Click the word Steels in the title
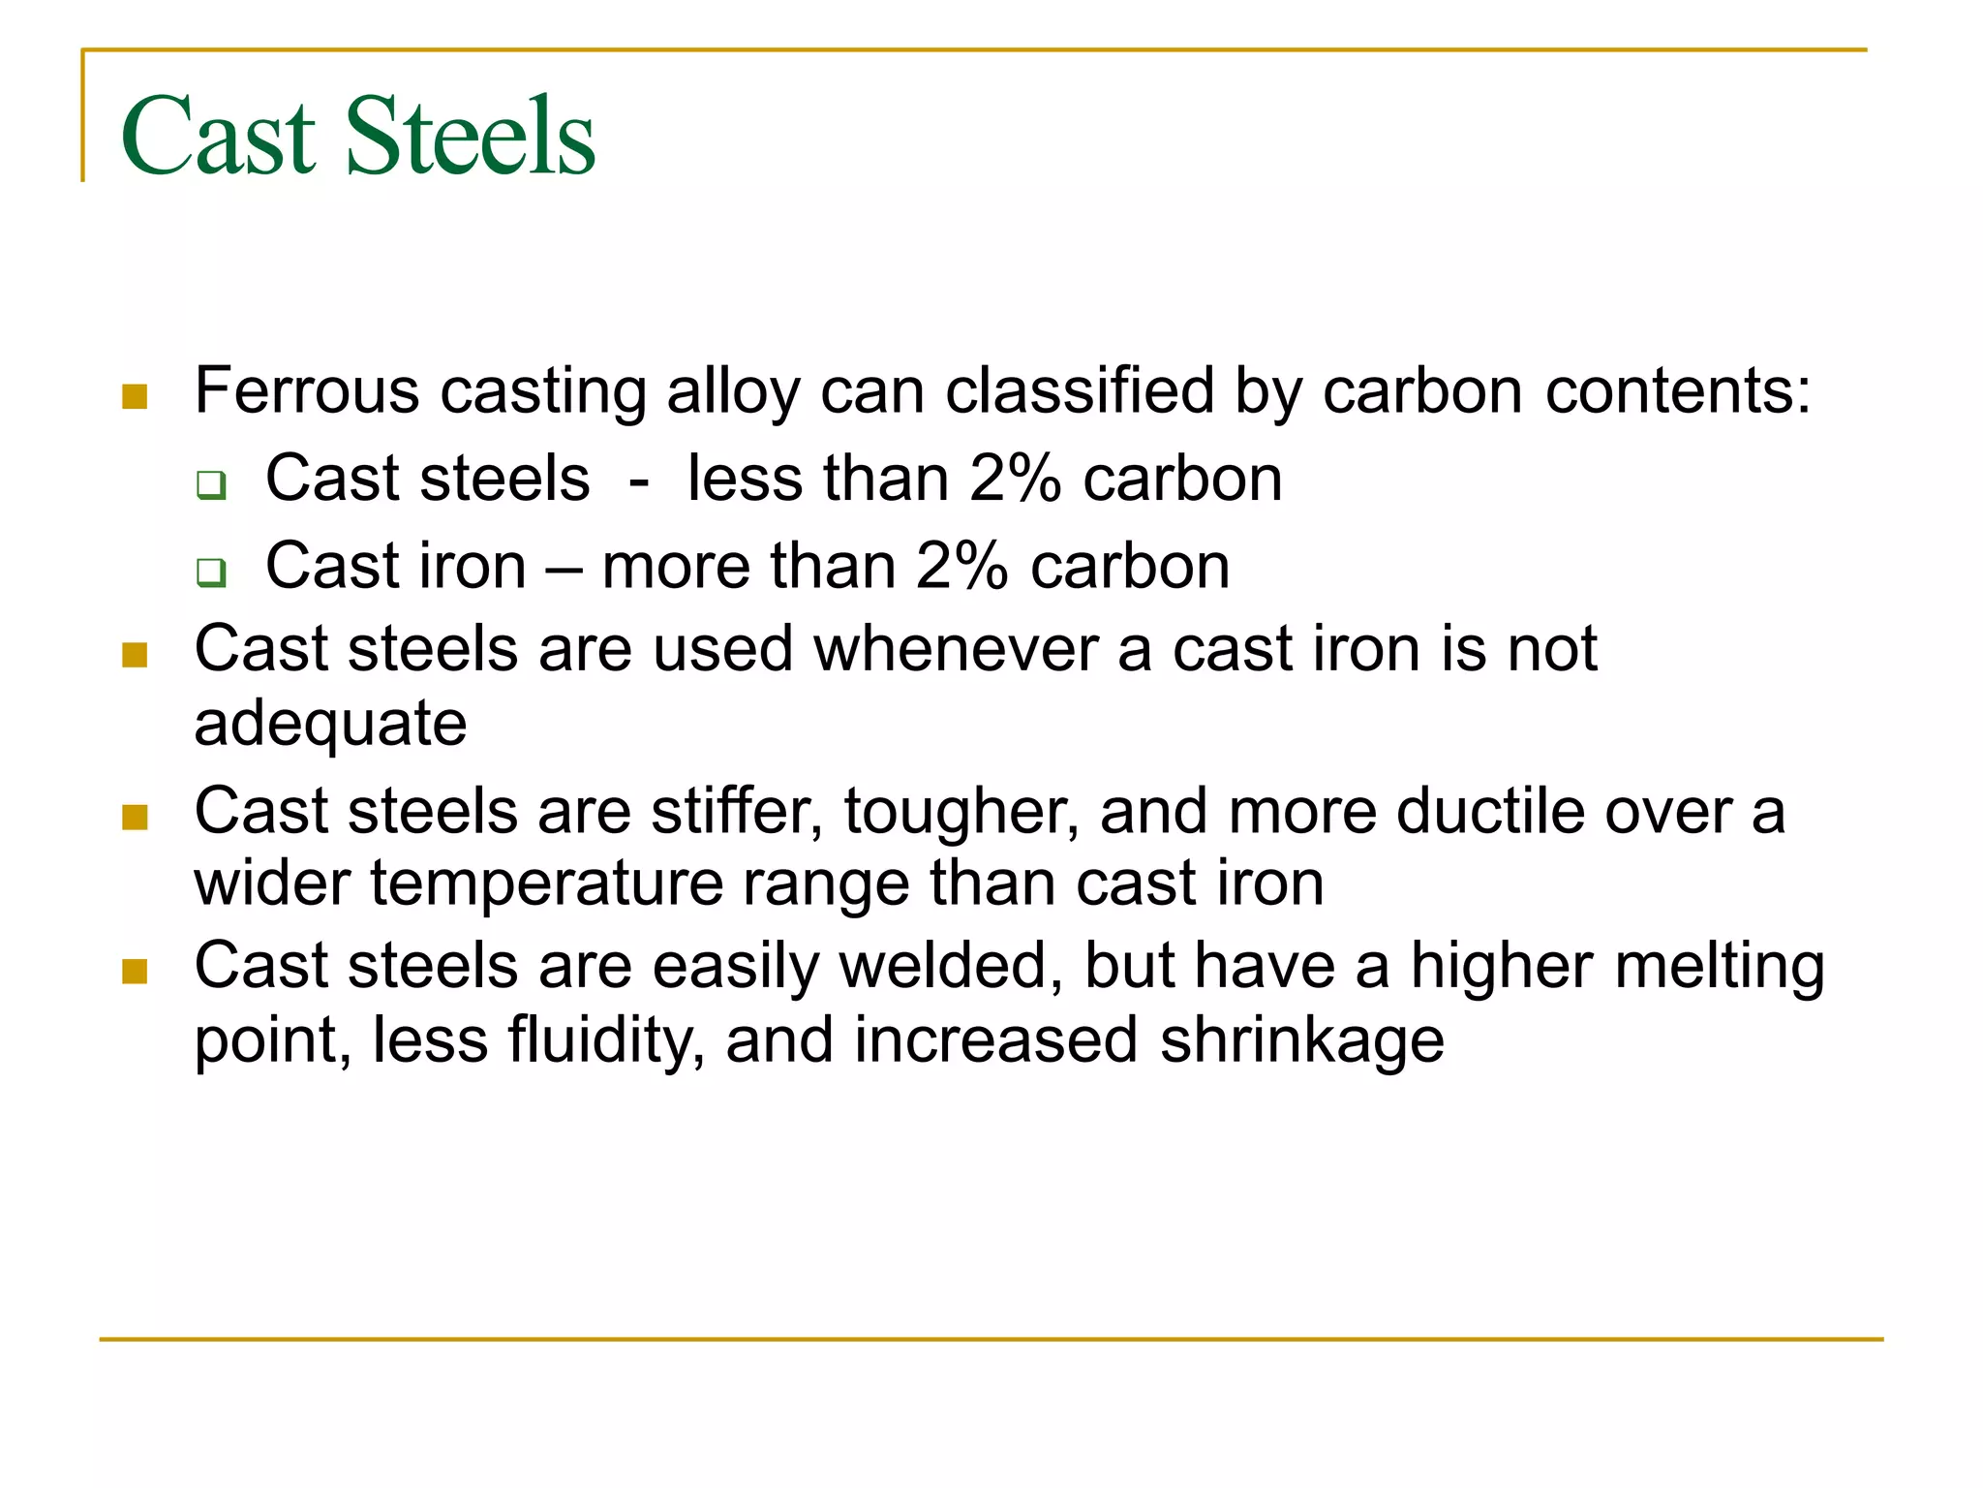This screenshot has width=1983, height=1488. (x=470, y=136)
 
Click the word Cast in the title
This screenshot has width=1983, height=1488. (x=219, y=136)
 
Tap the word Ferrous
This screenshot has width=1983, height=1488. (x=307, y=390)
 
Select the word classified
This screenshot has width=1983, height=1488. (x=1079, y=390)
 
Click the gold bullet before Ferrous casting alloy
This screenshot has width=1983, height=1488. (x=135, y=396)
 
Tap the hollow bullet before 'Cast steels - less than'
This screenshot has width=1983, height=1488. (x=211, y=483)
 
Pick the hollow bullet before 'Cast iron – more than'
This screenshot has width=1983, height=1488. (x=211, y=572)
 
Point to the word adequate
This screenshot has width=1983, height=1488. (x=330, y=724)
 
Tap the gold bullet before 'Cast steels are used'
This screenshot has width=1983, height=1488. (x=135, y=655)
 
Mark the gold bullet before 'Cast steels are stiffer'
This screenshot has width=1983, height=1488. (x=135, y=817)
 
